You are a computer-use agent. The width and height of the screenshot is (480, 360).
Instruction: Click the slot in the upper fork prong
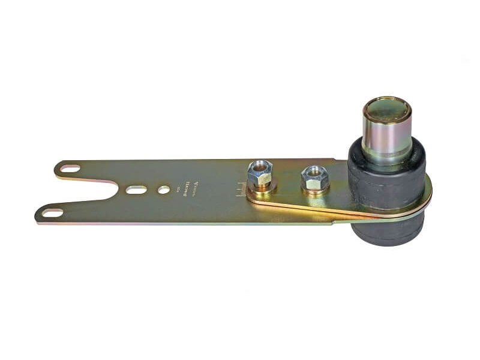click(70, 169)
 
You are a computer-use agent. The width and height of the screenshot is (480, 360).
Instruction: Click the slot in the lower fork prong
click(52, 212)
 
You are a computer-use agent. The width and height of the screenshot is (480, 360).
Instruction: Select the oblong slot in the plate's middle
click(136, 190)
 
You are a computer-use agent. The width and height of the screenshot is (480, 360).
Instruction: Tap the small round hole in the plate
click(163, 190)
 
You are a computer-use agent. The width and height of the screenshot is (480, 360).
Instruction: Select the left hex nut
click(259, 174)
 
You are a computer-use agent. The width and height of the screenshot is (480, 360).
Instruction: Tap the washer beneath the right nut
click(316, 191)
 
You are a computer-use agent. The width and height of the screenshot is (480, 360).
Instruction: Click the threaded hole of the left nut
click(259, 166)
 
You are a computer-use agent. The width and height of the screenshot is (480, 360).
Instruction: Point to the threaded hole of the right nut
click(314, 171)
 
